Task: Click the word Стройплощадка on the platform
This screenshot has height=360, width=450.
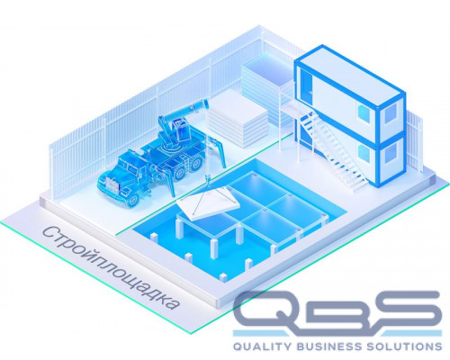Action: pos(111,268)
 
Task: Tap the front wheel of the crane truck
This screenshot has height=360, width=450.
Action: pos(132,200)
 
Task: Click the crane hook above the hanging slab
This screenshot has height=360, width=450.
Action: pos(207,179)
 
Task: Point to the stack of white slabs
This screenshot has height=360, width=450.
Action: pos(237,120)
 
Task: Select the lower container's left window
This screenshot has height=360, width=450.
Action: pos(365,154)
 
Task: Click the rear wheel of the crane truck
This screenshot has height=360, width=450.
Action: pos(196,163)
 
